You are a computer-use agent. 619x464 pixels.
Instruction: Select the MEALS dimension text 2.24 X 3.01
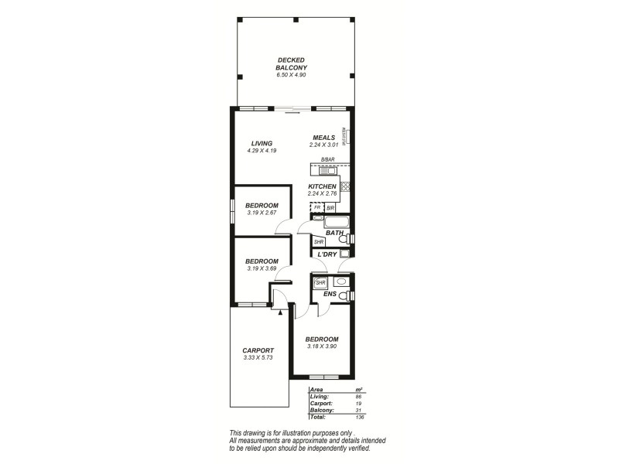point(323,145)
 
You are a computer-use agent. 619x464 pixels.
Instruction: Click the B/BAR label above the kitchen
point(327,159)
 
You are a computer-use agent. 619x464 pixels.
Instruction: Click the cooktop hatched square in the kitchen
point(346,186)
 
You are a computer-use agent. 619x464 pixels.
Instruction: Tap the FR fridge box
point(316,208)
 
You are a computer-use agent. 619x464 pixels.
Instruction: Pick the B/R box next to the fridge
point(330,208)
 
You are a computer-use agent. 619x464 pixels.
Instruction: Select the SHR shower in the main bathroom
point(318,241)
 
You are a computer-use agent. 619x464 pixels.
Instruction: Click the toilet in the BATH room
point(345,241)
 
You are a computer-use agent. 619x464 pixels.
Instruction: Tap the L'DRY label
point(326,254)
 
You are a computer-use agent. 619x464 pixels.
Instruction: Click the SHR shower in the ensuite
point(320,283)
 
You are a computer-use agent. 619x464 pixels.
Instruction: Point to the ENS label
point(330,294)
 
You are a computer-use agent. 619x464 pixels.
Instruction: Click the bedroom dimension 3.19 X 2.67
point(262,213)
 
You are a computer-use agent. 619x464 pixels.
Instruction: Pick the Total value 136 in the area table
point(358,417)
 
